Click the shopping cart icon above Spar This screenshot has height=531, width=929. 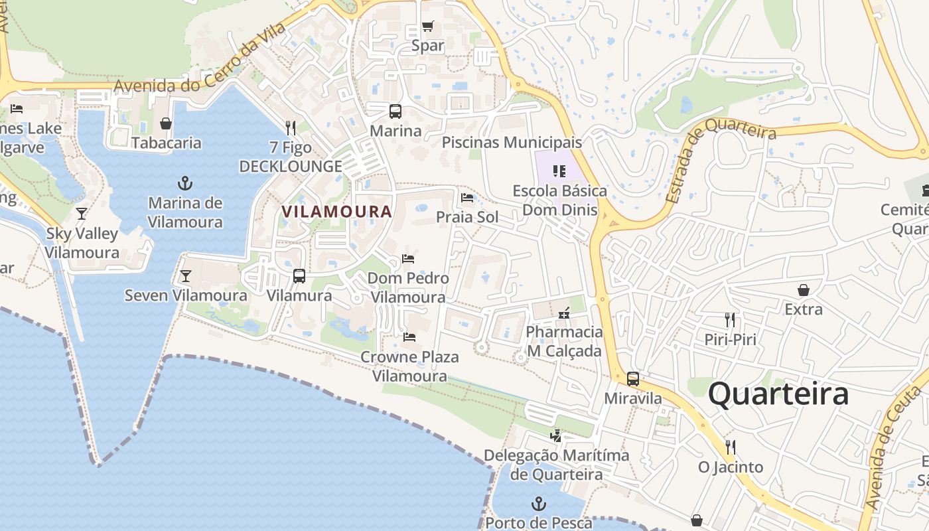(428, 27)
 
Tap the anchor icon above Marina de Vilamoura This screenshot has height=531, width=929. (185, 183)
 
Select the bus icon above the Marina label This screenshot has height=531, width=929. (395, 111)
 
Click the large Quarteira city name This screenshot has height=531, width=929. (778, 394)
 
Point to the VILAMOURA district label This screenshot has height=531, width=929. (336, 212)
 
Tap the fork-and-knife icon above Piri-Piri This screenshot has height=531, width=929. (730, 320)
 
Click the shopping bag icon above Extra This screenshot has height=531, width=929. (803, 290)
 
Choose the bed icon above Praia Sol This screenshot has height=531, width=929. (467, 198)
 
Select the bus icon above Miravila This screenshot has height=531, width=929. (633, 379)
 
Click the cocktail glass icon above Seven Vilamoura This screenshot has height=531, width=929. (186, 275)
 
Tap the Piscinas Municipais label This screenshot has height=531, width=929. (512, 142)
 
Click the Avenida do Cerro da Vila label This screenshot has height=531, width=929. (200, 59)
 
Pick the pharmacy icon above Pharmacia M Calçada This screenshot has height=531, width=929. (564, 313)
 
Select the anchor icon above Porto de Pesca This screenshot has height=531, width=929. (539, 504)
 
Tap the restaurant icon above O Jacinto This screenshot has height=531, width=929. (731, 447)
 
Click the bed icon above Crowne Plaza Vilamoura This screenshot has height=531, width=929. (409, 337)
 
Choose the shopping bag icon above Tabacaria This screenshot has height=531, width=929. (166, 123)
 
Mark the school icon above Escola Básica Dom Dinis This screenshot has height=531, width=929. (559, 171)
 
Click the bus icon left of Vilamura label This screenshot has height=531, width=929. (299, 276)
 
